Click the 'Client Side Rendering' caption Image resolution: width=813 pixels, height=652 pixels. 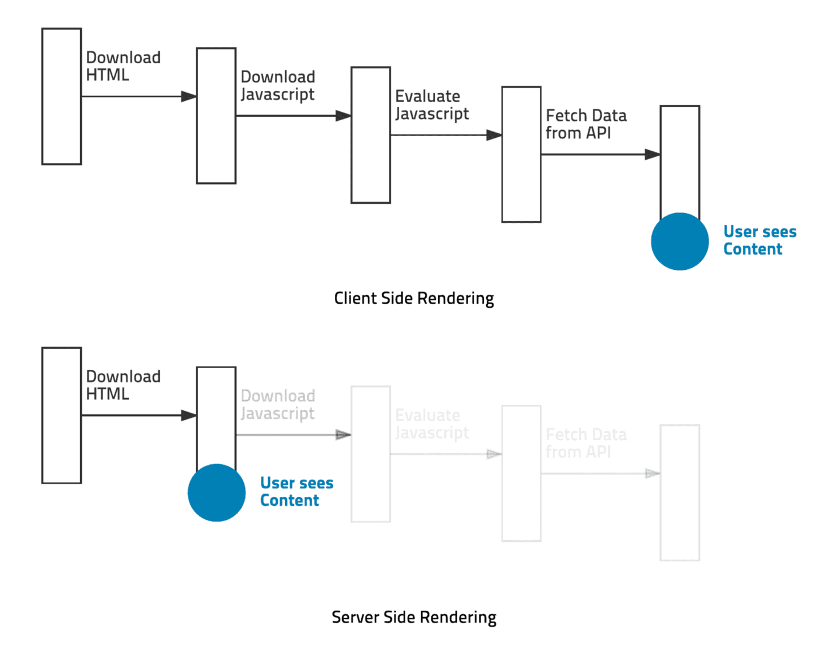[x=414, y=299]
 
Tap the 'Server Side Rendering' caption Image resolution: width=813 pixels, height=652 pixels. [x=414, y=618]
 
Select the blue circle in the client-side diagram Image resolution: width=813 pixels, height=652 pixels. [x=680, y=242]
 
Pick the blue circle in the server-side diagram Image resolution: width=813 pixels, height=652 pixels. [x=216, y=493]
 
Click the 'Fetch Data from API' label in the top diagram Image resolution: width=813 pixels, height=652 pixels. [x=586, y=124]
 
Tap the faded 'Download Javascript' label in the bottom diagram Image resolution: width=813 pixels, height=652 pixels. [x=278, y=405]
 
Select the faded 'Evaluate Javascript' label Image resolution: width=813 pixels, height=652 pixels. [x=432, y=424]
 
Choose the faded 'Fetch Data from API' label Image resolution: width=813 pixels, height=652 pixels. [x=586, y=443]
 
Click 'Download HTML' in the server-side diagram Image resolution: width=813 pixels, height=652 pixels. [x=123, y=385]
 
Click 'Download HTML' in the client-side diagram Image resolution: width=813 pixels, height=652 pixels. [x=123, y=66]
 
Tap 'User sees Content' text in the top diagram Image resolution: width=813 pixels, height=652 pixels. [x=760, y=240]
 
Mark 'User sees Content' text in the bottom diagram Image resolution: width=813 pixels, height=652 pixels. [x=296, y=492]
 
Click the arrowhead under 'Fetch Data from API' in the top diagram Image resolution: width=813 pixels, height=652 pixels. [x=653, y=154]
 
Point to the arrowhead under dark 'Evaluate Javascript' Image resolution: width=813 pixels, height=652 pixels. [x=494, y=135]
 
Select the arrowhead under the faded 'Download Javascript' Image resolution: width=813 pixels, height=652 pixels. [x=343, y=435]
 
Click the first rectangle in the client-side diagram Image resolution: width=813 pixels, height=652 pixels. [x=62, y=97]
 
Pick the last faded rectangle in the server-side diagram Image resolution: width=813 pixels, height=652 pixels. [x=680, y=493]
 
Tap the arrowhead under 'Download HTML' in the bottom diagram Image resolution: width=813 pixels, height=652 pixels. [x=189, y=415]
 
